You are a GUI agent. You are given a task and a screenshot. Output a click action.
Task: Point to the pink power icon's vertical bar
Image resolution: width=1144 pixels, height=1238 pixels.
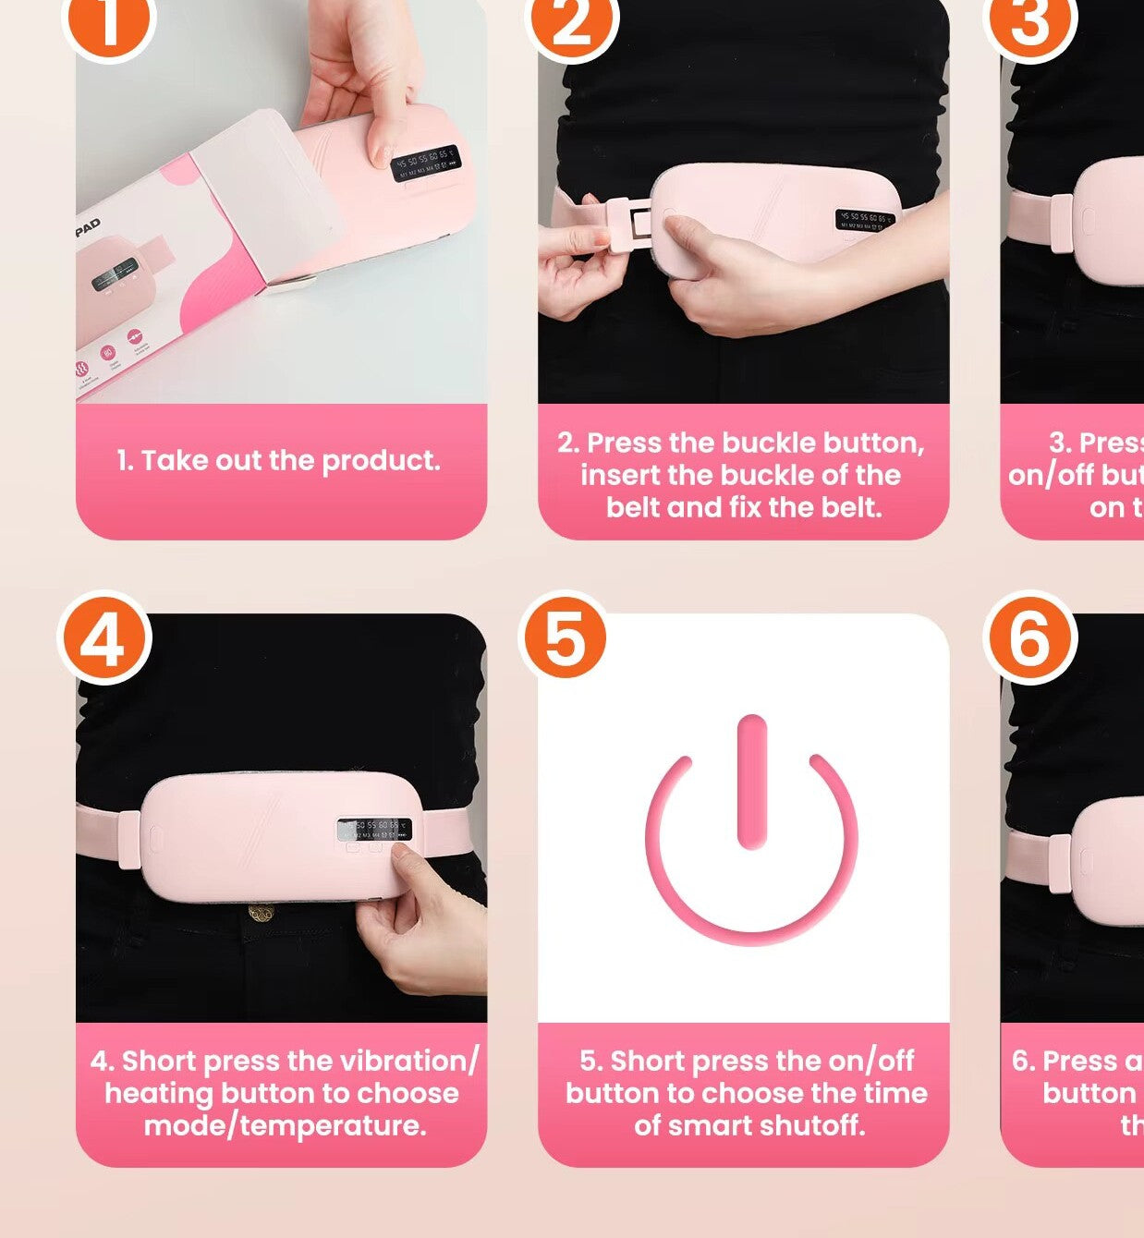coord(752,782)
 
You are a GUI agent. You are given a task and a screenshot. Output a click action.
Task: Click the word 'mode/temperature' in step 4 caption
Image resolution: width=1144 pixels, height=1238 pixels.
coord(284,1125)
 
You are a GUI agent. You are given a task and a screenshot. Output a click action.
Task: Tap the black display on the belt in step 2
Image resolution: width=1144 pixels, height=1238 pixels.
coord(865,220)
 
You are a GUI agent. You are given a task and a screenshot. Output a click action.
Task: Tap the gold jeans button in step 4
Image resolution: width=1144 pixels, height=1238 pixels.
coord(262,914)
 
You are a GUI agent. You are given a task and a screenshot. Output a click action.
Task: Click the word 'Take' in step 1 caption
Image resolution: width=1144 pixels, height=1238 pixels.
coord(176,460)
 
